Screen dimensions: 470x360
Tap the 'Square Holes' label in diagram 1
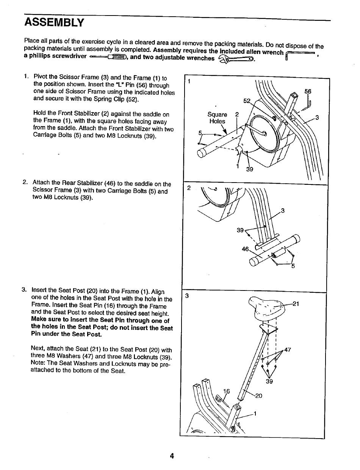tap(217, 118)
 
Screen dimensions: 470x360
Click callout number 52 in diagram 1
tap(247, 101)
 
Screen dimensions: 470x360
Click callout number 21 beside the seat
tap(297, 303)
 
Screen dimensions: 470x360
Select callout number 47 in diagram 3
tap(287, 350)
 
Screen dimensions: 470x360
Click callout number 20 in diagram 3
tap(259, 396)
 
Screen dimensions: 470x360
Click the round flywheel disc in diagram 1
tap(257, 131)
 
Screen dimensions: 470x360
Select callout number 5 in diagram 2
tap(293, 266)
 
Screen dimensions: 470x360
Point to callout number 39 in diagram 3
tap(269, 382)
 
